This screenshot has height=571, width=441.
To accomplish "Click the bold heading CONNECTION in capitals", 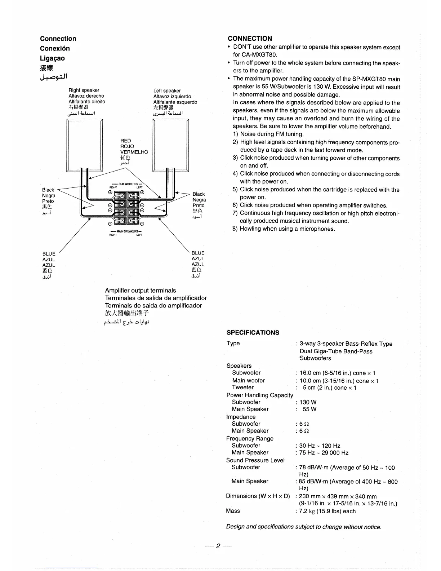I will tap(250, 39).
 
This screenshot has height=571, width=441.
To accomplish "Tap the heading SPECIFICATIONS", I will tap(253, 332).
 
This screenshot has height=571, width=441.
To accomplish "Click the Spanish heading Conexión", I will tap(55, 48).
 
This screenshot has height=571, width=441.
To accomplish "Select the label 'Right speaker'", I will tap(84, 90).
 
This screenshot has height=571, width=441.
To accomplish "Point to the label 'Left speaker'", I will tap(167, 90).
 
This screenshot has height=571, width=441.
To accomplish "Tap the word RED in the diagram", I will tap(126, 141).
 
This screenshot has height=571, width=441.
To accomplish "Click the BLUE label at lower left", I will tap(49, 254).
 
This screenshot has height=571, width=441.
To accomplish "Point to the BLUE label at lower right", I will tap(198, 253).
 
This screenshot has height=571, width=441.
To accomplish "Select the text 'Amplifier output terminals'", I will tap(141, 290).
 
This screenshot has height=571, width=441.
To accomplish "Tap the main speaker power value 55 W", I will tap(309, 409).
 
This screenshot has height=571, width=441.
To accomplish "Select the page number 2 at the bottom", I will tap(218, 546).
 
